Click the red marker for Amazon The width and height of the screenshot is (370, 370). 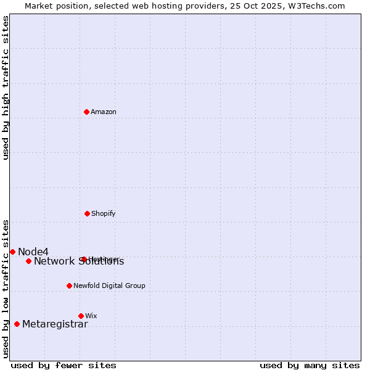(86, 112)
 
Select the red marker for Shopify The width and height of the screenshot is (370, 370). (87, 213)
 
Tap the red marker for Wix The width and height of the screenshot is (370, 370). (81, 316)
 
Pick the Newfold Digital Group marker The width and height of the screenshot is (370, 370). (69, 286)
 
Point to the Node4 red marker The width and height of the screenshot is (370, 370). (12, 252)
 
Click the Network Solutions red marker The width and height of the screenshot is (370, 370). (28, 261)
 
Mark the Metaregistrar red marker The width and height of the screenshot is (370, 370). (17, 324)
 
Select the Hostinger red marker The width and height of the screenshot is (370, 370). (84, 259)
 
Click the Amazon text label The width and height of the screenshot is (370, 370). (104, 112)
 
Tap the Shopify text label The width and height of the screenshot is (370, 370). (104, 213)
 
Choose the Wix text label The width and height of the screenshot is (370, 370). (91, 316)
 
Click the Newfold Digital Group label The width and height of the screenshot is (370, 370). (109, 286)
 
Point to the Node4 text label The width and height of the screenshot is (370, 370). (33, 252)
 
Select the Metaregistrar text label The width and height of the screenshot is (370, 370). (55, 324)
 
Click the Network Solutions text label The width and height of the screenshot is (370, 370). (79, 261)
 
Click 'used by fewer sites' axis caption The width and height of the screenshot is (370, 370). (64, 365)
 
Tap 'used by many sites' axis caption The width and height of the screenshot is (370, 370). (310, 365)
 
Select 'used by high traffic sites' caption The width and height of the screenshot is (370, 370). (6, 88)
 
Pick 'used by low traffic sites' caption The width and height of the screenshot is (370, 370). (6, 289)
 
